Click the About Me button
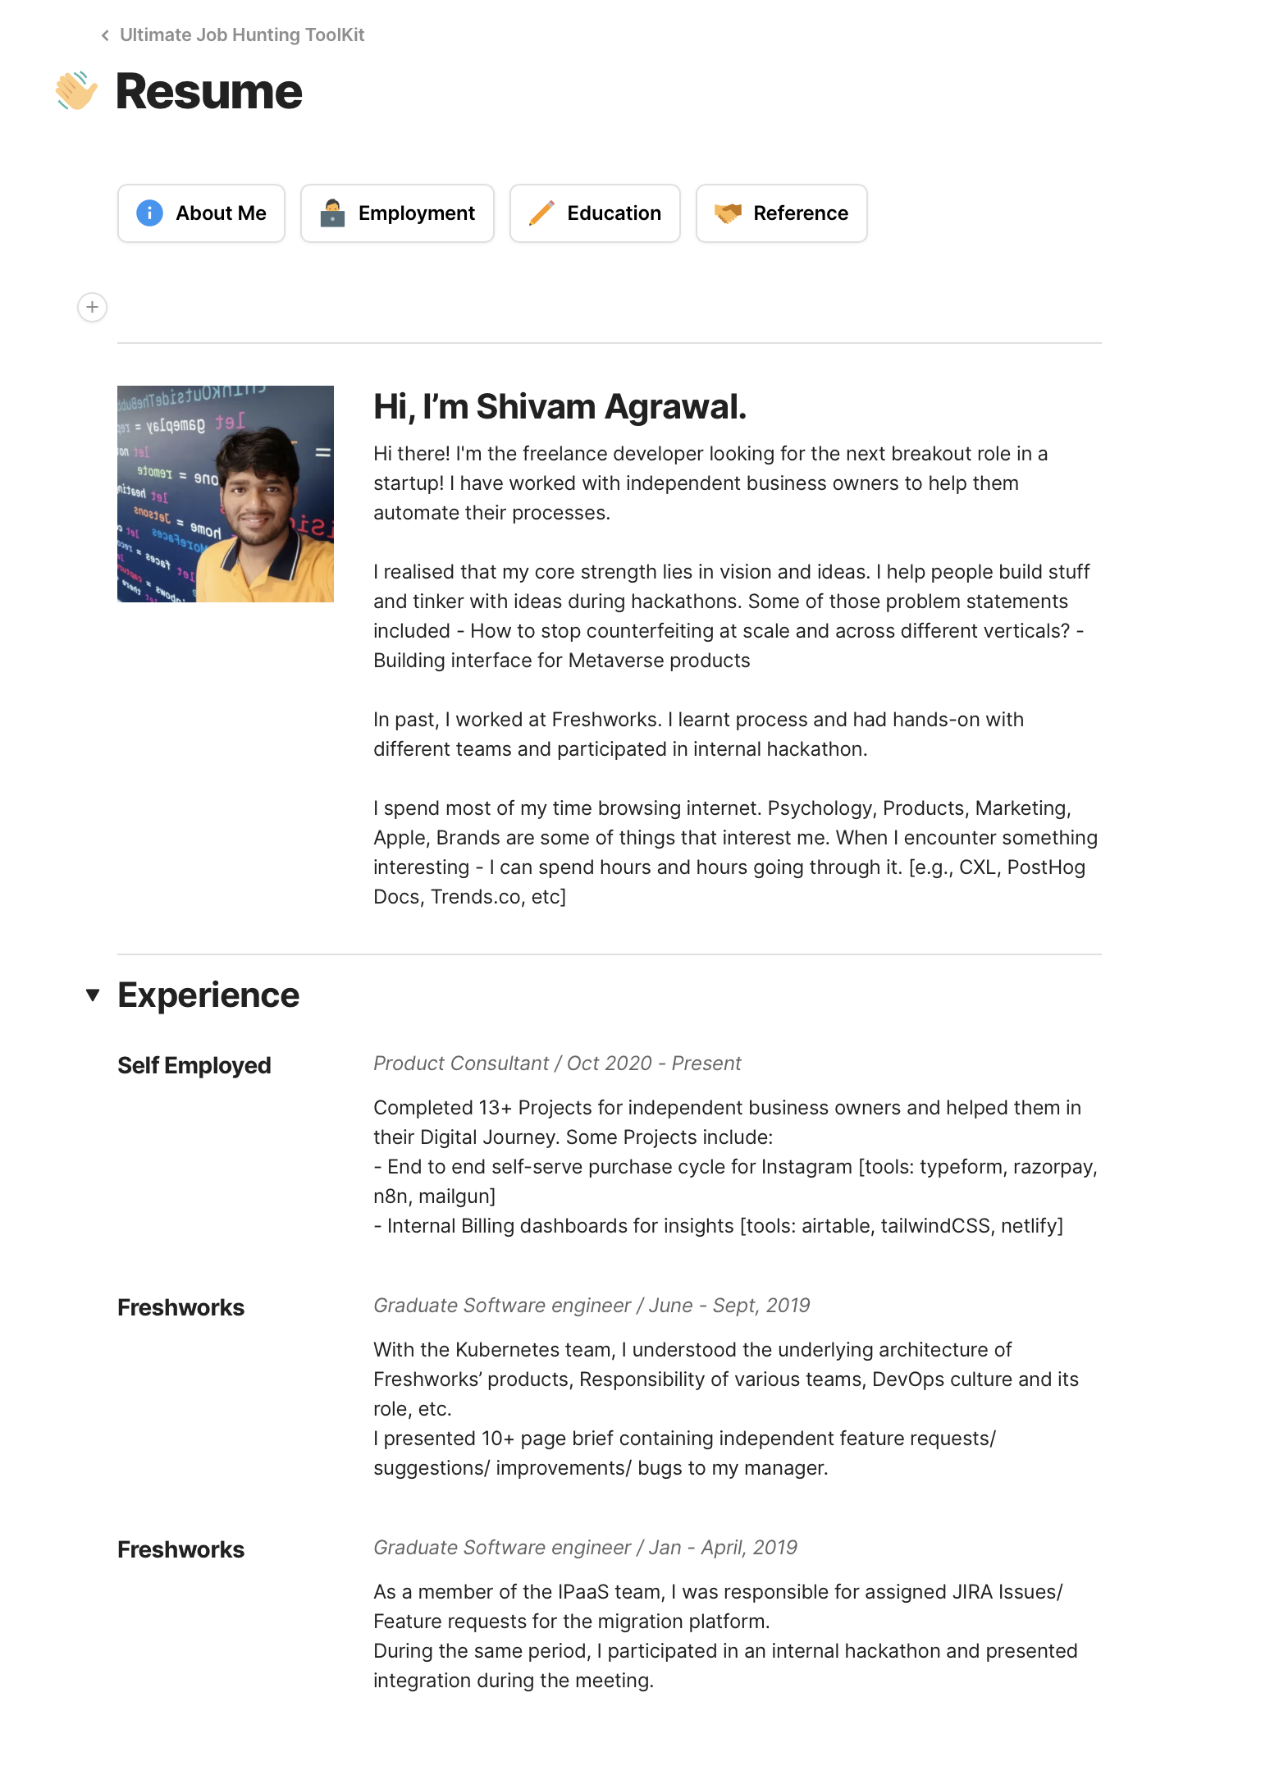click(201, 213)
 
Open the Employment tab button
click(397, 213)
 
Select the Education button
click(595, 213)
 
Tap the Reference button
click(781, 213)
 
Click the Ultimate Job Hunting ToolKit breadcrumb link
click(241, 34)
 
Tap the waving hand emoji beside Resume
click(76, 91)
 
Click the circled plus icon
click(92, 307)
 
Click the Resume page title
click(209, 91)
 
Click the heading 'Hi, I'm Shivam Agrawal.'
click(560, 407)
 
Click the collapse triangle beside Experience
click(93, 995)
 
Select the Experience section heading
click(208, 995)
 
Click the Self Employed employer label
click(194, 1065)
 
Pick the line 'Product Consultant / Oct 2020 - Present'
click(557, 1064)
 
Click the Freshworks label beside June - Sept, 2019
click(180, 1307)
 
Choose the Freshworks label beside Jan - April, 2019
click(180, 1549)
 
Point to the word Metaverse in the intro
click(619, 661)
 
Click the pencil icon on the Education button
click(541, 213)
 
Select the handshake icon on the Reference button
click(728, 213)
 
